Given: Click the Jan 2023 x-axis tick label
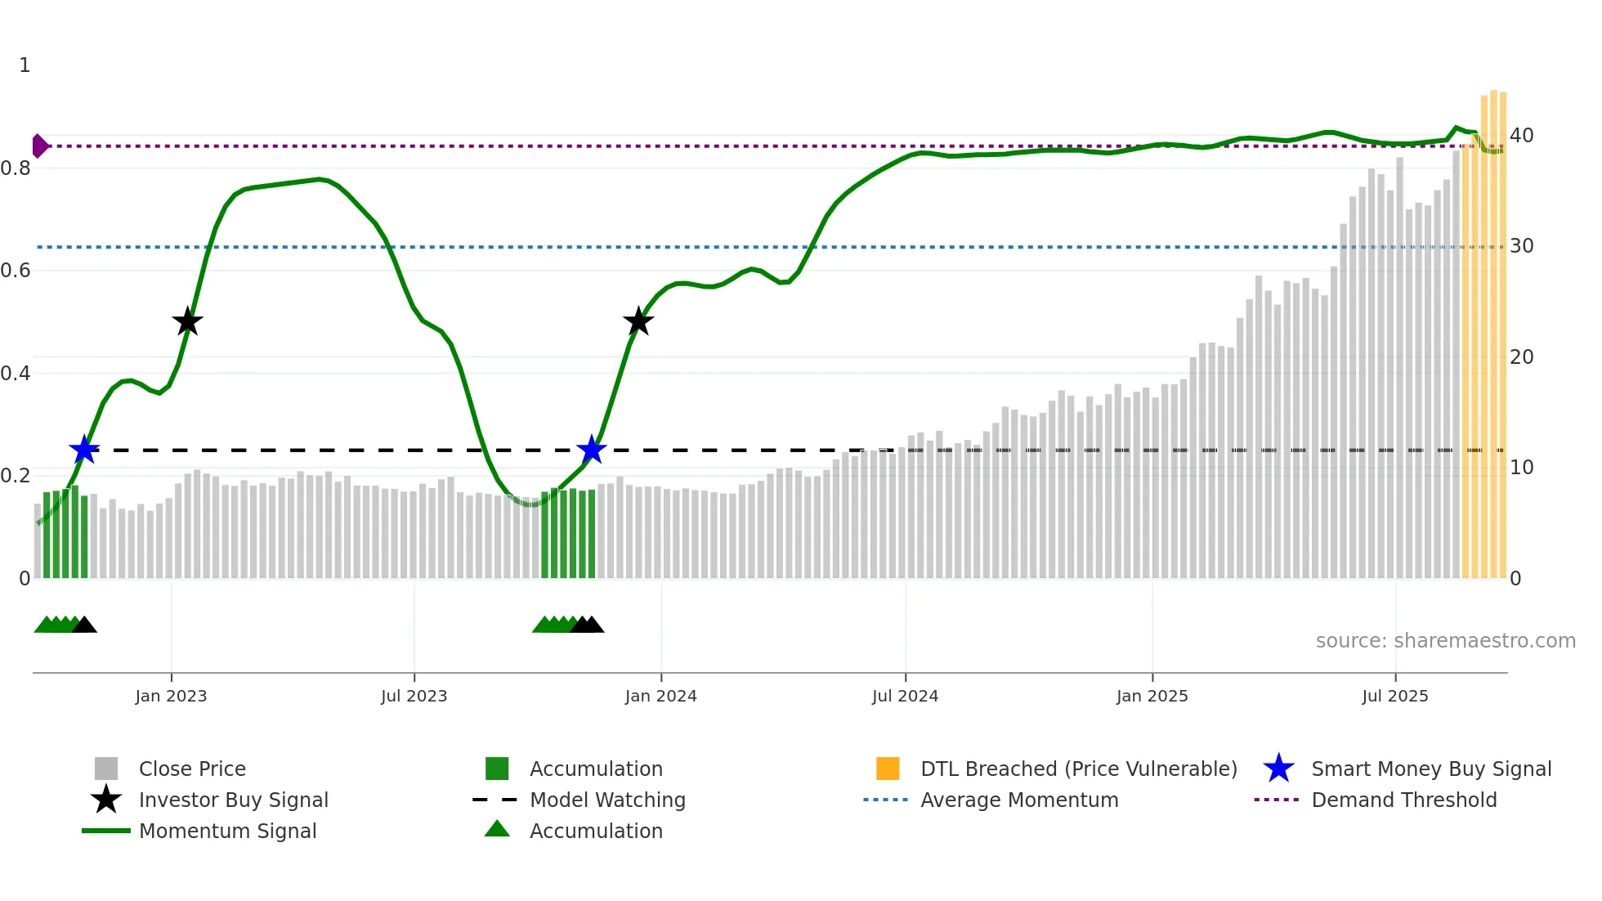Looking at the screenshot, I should coord(171,697).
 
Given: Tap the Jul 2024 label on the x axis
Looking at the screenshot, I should coord(905,697).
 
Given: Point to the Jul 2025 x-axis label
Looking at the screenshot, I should coord(1394,697).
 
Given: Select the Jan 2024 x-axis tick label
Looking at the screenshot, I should coord(660,697).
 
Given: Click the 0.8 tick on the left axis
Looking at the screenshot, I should coord(16,168).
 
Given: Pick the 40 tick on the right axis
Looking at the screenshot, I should coord(1521,136).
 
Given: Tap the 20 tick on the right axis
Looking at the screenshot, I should coord(1521,357).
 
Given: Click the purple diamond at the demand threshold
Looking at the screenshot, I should coord(39,146).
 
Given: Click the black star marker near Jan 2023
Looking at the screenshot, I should coord(187,321).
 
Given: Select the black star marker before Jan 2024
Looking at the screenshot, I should coord(638,321).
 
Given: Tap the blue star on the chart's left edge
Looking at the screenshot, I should coord(83,450).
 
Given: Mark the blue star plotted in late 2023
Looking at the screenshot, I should coord(591,450).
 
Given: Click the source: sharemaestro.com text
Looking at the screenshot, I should coord(1445,641).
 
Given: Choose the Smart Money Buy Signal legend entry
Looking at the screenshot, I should coord(1430,769).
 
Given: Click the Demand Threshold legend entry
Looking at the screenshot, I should coord(1403,800).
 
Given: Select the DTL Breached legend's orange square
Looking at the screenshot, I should coord(888,769).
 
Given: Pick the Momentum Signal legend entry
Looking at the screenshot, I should coord(227,832).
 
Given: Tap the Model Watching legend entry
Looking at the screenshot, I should coord(607,800).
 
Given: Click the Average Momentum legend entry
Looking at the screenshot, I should coord(1018,800).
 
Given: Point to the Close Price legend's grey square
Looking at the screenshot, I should coord(106,769).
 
